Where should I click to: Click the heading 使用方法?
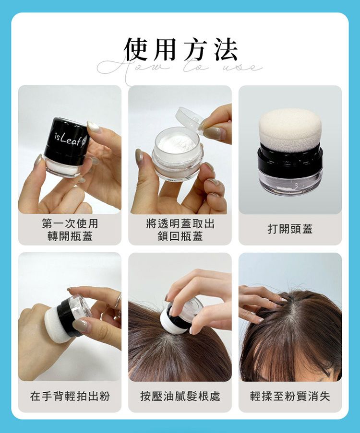pos(180,49)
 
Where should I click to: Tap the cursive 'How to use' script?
pos(180,68)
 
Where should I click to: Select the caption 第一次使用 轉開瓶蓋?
pos(70,230)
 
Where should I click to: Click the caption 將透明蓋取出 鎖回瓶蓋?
pos(180,230)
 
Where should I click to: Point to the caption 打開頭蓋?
pos(290,229)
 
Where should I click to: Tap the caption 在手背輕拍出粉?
pos(70,396)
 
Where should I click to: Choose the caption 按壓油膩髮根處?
pos(180,396)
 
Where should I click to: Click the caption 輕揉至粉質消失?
pos(290,396)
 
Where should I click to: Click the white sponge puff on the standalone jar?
pos(290,127)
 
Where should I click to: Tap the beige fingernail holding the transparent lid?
pos(212,134)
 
